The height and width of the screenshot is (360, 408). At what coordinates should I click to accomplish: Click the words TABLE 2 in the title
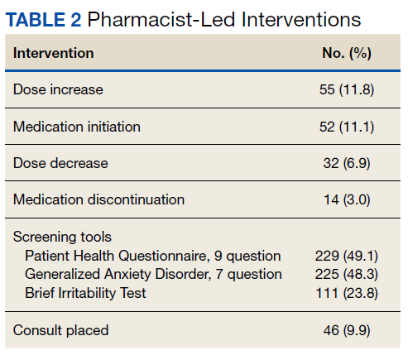coord(43,20)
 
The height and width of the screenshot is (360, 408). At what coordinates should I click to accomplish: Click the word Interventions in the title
coord(301,20)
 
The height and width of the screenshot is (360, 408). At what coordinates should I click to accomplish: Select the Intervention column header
coord(54,53)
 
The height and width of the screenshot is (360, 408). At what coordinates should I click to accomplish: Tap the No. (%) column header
coord(347,53)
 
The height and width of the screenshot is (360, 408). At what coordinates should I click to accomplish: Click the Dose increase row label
coord(58,89)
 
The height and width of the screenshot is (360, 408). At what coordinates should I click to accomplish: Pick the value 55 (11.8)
coord(347,89)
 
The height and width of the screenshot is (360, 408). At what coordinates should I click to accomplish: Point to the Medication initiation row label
coord(77,127)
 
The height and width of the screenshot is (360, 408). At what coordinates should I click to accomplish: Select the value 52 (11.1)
coord(347,127)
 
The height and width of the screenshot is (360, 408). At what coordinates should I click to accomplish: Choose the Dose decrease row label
coord(60,163)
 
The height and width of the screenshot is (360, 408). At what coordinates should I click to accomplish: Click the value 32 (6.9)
coord(347,163)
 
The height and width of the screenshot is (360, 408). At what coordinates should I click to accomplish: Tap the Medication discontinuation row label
coord(98,199)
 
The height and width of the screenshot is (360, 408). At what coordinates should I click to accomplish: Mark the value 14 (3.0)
coord(347,199)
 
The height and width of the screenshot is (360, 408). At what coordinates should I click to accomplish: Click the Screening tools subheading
coord(62,237)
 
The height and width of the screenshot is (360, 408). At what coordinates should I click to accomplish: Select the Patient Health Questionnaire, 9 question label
coord(153,256)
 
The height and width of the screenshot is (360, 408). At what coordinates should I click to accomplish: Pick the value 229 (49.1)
coord(347,256)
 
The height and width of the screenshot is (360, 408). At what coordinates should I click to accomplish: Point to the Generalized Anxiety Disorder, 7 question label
coord(153,274)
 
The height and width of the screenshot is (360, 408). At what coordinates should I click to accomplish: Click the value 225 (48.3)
coord(347,275)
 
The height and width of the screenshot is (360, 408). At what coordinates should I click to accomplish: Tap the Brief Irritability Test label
coord(85,293)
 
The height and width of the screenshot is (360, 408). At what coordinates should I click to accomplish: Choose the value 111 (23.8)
coord(347,293)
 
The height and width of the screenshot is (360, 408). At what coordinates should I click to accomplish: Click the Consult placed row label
coord(60,330)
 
